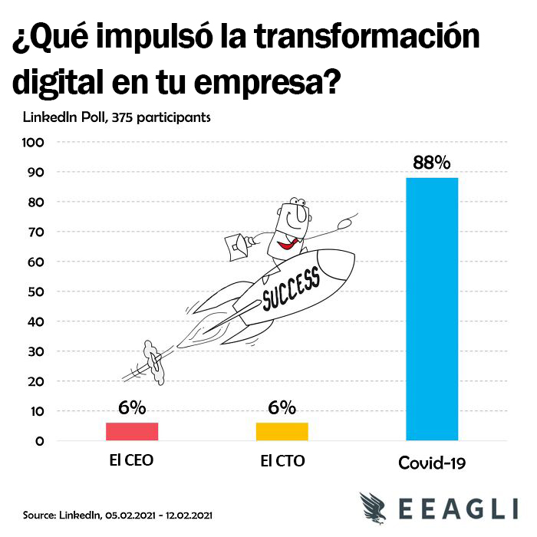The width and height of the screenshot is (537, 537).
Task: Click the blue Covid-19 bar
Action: point(431,309)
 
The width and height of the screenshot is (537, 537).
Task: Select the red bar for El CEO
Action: point(132,432)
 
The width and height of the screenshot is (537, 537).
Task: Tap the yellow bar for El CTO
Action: point(282,432)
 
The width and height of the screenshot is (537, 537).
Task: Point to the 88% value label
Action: point(431,163)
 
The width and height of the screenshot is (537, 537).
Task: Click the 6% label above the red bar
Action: point(132,408)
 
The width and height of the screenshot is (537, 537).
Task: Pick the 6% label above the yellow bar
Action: point(282,408)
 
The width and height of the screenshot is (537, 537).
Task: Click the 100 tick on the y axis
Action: point(36,143)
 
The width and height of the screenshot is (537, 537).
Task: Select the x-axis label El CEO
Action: point(132,462)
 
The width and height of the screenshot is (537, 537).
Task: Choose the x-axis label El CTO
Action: point(282,462)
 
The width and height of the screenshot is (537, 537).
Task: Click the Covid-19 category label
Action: point(432,463)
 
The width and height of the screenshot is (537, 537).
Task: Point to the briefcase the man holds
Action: point(239,244)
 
